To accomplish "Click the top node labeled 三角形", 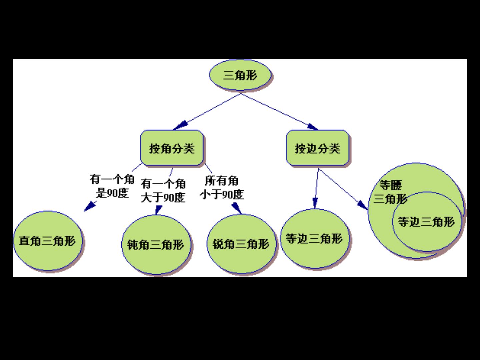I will (x=240, y=75).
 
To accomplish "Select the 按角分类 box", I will (x=172, y=148).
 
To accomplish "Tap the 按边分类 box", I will (x=317, y=148).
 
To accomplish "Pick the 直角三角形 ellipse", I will (x=48, y=241).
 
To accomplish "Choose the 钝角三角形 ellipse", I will (x=155, y=245).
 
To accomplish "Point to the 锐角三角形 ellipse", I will (x=241, y=244).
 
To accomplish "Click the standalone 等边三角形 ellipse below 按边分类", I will (x=314, y=239).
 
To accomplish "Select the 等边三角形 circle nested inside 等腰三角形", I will (x=426, y=221).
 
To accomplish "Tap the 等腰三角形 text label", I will (x=390, y=192).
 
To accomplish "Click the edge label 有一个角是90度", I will (x=112, y=186).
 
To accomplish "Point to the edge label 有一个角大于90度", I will (x=163, y=191).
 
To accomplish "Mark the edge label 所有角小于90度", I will (x=222, y=187).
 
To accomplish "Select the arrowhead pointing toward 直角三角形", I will (x=89, y=206).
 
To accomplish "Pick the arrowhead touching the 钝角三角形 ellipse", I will (x=158, y=210).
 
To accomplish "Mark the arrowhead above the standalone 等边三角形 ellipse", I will (x=315, y=203).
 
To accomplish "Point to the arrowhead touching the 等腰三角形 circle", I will (x=362, y=205).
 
